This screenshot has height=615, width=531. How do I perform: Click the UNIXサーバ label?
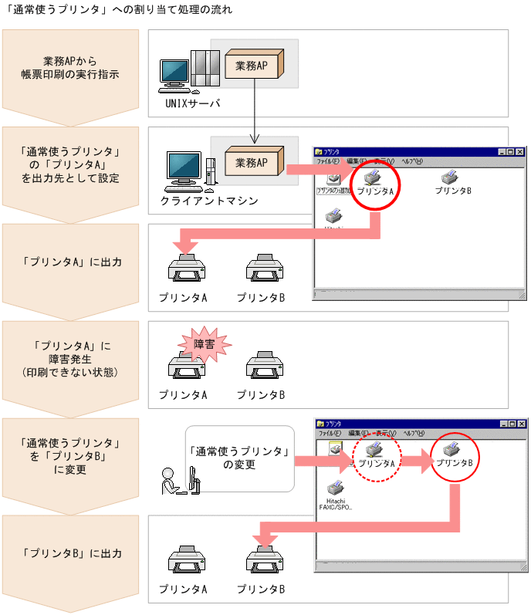pyautogui.click(x=193, y=103)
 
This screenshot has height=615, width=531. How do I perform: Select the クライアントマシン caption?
pyautogui.click(x=209, y=201)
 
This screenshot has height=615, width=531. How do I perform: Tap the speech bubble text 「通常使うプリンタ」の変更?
pyautogui.click(x=240, y=458)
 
